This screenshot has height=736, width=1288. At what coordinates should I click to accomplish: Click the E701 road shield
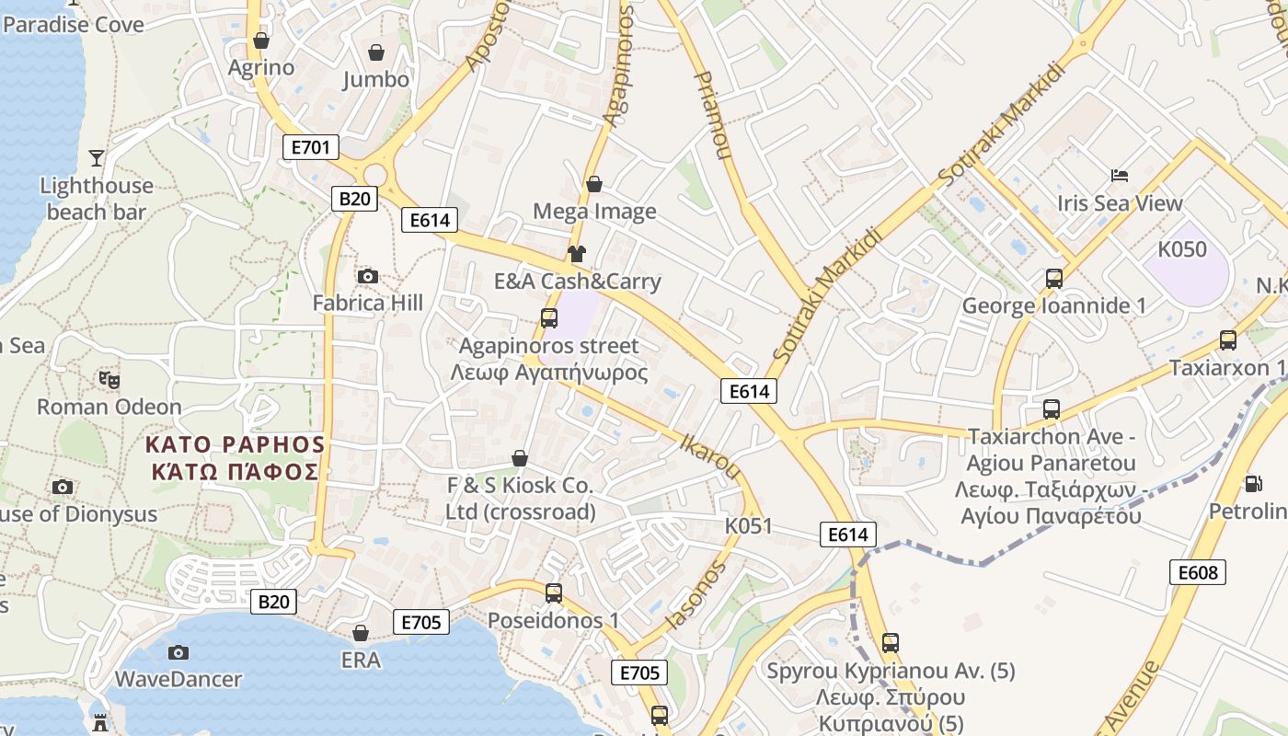click(x=311, y=147)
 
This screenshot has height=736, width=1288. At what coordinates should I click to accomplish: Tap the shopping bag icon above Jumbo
click(x=375, y=52)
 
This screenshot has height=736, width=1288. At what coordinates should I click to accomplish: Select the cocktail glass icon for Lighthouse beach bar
click(x=97, y=158)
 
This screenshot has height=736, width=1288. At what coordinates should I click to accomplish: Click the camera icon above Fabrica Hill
click(x=367, y=276)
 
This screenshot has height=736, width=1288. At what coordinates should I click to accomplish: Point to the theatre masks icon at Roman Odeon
click(x=109, y=379)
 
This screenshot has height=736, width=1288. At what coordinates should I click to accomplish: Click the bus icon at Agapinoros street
click(x=549, y=318)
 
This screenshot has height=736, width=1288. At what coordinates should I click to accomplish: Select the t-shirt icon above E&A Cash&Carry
click(x=577, y=254)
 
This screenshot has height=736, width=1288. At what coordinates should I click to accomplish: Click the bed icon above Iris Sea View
click(x=1119, y=175)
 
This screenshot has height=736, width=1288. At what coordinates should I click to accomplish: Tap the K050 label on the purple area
click(x=1182, y=249)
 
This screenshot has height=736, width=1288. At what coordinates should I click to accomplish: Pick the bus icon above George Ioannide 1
click(x=1054, y=278)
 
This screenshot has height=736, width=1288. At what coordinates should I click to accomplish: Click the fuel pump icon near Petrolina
click(x=1252, y=484)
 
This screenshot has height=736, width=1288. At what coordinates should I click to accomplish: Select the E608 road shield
click(x=1199, y=572)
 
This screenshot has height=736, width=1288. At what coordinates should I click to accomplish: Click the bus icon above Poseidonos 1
click(x=554, y=593)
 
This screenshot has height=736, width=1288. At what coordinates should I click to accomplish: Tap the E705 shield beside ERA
click(x=422, y=622)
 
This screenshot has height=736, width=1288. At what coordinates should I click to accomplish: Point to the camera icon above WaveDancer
click(x=178, y=652)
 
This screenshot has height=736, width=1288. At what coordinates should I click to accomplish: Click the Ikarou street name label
click(x=709, y=455)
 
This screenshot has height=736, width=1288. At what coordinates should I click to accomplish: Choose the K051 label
click(x=748, y=526)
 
